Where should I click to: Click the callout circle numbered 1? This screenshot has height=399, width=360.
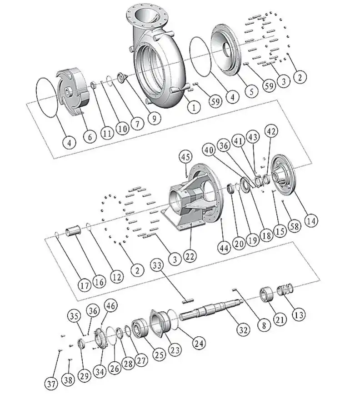194,108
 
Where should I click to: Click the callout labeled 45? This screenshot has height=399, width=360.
185,157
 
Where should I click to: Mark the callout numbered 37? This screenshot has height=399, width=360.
51,384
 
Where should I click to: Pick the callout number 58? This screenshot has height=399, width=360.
295,226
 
